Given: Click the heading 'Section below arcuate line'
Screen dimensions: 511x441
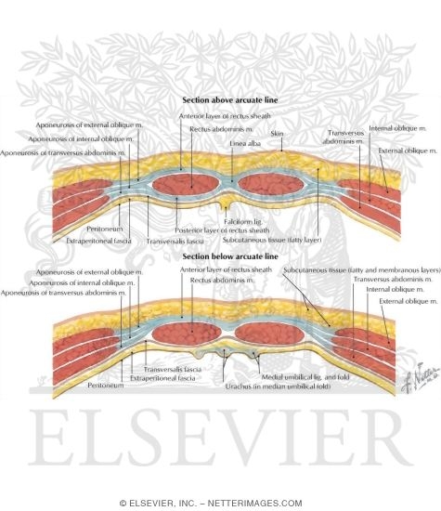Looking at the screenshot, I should pyautogui.click(x=220, y=255).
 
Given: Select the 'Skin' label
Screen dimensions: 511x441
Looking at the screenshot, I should pyautogui.click(x=277, y=133).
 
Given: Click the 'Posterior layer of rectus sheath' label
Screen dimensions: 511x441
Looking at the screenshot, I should pyautogui.click(x=211, y=229).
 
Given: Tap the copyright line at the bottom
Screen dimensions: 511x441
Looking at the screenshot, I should pyautogui.click(x=220, y=503).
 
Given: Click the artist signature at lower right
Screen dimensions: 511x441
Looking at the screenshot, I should pyautogui.click(x=408, y=382).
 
